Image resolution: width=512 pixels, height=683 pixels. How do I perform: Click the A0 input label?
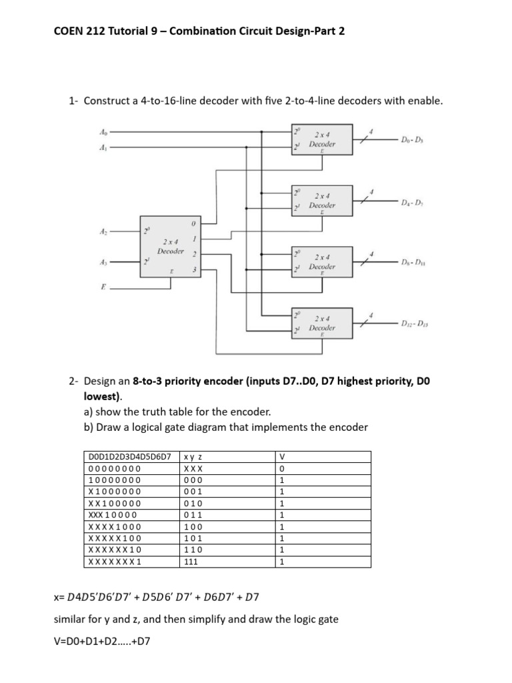click(102, 131)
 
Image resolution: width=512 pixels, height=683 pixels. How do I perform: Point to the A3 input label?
click(103, 262)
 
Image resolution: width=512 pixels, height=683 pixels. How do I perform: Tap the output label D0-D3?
click(413, 139)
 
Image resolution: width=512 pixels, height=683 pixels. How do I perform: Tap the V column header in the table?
click(282, 457)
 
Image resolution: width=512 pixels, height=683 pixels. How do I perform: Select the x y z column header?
click(193, 457)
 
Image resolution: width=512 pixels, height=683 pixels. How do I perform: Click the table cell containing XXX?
click(193, 468)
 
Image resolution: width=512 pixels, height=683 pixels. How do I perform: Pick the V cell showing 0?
click(282, 468)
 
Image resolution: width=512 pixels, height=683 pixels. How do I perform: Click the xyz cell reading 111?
click(193, 562)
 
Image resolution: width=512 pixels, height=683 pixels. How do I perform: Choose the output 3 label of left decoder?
click(193, 269)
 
